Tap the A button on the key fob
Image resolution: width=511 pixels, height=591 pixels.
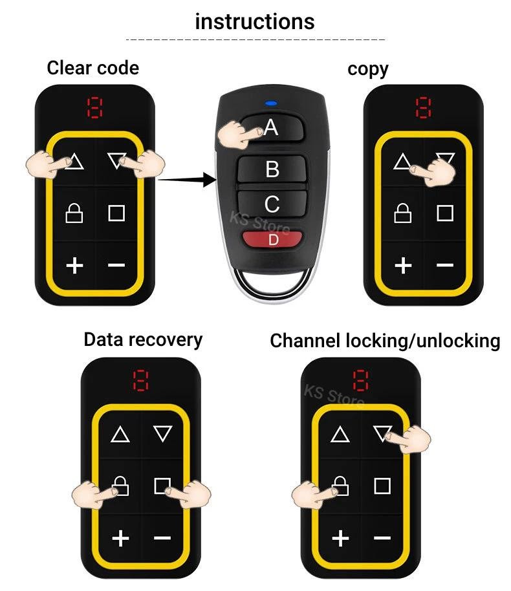(272, 127)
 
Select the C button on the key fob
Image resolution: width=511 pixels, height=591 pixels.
(272, 204)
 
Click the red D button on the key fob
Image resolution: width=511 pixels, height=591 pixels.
(273, 239)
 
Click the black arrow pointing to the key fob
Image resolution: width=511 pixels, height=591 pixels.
(187, 180)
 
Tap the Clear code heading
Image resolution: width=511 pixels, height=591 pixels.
(92, 67)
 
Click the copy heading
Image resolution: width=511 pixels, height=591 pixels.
(367, 69)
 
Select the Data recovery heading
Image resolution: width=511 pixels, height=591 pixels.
(143, 339)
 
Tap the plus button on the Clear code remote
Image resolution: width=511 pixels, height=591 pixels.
(75, 264)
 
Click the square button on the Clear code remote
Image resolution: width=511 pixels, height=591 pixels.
(116, 213)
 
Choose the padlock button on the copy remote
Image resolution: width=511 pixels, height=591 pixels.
(403, 213)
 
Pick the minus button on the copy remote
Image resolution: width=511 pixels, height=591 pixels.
(445, 265)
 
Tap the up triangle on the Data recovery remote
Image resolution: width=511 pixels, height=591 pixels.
(120, 434)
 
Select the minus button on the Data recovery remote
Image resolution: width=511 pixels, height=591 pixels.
(162, 538)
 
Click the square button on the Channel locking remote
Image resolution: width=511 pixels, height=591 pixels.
(382, 486)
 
